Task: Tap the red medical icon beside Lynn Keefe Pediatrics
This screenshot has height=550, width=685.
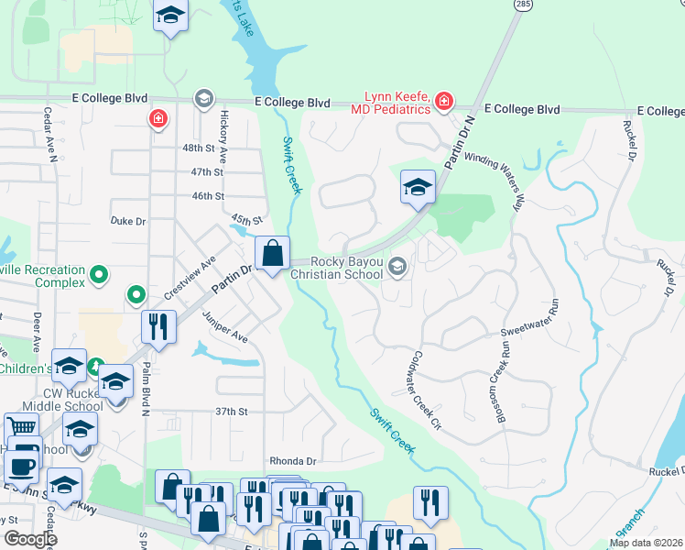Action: (x=444, y=101)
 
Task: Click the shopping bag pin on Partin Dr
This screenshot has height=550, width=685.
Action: (x=272, y=254)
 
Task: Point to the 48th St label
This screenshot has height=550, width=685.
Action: (x=202, y=148)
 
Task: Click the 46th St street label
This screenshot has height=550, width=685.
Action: (x=208, y=196)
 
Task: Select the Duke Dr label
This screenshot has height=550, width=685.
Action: (x=127, y=222)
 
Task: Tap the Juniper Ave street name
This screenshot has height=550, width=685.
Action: (x=226, y=325)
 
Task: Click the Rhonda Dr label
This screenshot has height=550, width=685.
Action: (x=292, y=461)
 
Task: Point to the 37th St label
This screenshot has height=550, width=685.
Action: (x=232, y=412)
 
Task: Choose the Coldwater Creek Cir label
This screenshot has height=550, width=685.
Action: (x=427, y=390)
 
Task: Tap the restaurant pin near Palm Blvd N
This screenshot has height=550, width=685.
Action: (x=158, y=327)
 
